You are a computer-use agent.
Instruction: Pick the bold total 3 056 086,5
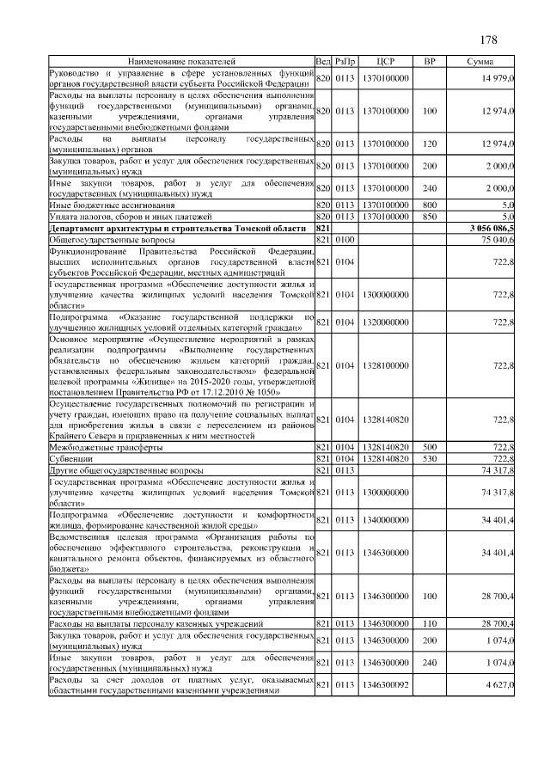tap(491, 228)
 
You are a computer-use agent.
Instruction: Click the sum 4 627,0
tap(498, 685)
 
